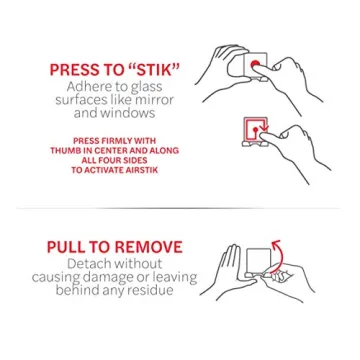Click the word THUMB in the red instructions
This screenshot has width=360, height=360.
[79, 150]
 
